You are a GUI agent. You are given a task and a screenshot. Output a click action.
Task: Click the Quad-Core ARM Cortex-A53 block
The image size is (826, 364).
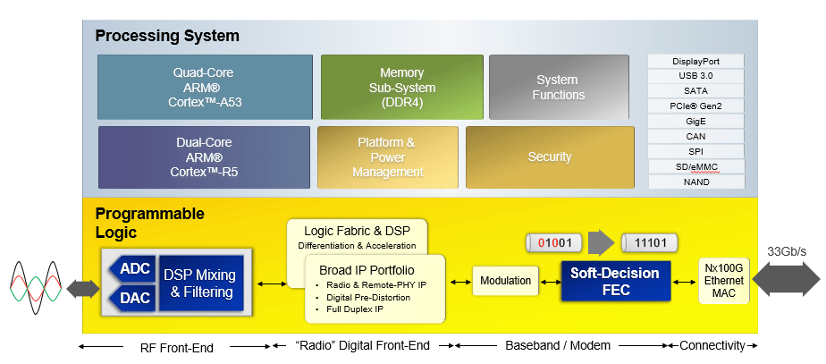(x=207, y=87)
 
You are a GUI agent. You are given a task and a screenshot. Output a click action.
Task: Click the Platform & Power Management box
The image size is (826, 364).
(x=387, y=157)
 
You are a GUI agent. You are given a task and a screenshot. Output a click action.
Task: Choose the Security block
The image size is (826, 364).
(x=549, y=157)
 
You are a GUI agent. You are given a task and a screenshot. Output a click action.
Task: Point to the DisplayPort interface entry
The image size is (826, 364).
(x=695, y=61)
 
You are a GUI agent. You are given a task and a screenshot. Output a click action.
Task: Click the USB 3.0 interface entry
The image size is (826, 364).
(x=695, y=76)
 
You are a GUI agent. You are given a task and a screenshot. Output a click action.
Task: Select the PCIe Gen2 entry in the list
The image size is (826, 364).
(x=695, y=106)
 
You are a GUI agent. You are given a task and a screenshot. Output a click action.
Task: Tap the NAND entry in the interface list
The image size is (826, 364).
(x=695, y=182)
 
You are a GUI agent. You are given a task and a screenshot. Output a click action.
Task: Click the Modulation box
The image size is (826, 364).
(x=505, y=281)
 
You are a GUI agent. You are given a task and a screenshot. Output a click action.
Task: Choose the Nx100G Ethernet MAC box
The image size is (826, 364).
(x=724, y=280)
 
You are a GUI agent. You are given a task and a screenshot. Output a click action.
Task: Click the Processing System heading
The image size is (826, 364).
(x=167, y=37)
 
